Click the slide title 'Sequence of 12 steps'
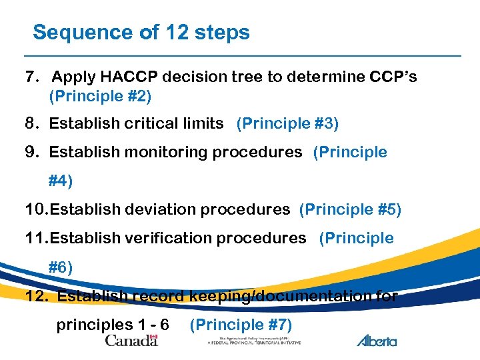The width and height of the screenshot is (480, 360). (141, 32)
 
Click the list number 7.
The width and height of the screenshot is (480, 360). (31, 77)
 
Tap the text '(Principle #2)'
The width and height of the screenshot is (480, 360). (100, 97)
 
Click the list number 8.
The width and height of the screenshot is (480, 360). (31, 123)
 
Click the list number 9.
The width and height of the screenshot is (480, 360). (31, 152)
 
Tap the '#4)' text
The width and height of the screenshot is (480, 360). (61, 180)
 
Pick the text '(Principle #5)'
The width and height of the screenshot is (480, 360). (350, 209)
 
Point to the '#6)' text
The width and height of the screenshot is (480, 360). (61, 267)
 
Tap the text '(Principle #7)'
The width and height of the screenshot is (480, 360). (241, 325)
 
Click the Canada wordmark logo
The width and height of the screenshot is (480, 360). (131, 341)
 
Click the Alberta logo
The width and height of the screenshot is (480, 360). (377, 341)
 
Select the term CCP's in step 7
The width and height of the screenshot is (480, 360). (393, 77)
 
